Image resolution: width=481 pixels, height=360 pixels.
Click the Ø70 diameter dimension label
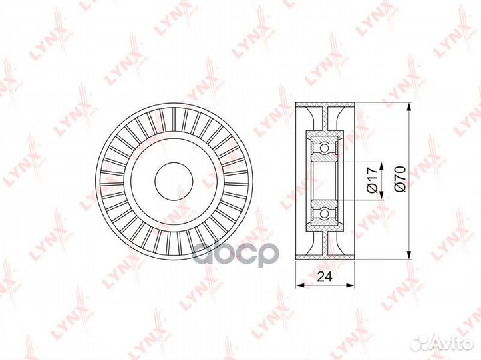click(400, 179)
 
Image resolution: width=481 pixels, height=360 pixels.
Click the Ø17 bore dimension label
click(372, 180)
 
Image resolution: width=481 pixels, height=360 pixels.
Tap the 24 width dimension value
click(325, 277)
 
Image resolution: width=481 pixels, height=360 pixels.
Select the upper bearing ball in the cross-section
click(324, 148)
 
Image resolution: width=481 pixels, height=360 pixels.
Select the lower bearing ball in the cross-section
click(324, 212)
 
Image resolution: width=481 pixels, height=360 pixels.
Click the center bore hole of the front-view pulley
click(174, 181)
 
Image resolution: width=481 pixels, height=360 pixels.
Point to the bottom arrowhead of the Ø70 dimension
click(409, 254)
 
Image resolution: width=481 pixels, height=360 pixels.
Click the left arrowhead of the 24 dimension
click(301, 285)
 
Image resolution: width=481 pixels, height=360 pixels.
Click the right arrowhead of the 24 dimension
click(350, 285)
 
